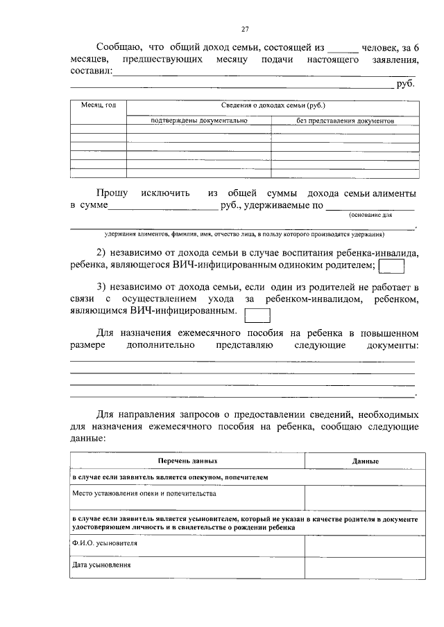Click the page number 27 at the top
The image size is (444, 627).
(x=244, y=28)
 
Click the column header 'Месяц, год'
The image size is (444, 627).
(x=98, y=105)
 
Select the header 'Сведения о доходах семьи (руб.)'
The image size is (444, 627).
(x=273, y=105)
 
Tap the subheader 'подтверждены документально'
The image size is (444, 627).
(x=198, y=120)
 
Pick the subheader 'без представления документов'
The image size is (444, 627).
(x=345, y=120)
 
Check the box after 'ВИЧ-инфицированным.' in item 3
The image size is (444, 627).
(x=258, y=315)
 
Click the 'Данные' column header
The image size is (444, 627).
(x=365, y=461)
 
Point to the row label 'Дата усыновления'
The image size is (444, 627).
(x=102, y=565)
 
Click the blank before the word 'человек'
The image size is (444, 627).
(x=343, y=48)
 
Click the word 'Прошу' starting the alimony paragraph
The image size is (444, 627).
(x=112, y=192)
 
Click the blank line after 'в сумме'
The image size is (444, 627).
(x=164, y=206)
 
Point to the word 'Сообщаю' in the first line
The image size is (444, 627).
(x=119, y=47)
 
